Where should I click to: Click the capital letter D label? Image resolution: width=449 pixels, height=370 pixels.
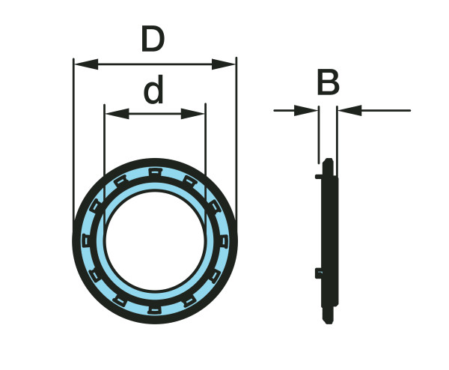153,38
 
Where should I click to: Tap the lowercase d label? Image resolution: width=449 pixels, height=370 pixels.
153,91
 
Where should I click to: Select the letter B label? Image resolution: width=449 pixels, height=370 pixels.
328,83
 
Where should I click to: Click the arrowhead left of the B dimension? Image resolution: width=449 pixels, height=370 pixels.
307,111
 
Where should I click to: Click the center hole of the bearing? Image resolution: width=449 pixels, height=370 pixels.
154,240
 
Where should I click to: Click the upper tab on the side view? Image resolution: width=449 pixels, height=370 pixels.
320,177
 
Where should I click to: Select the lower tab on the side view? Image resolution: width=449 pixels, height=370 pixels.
320,273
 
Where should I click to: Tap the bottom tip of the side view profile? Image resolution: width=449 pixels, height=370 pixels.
328,321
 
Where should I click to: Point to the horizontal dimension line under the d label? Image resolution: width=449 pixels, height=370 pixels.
154,115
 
